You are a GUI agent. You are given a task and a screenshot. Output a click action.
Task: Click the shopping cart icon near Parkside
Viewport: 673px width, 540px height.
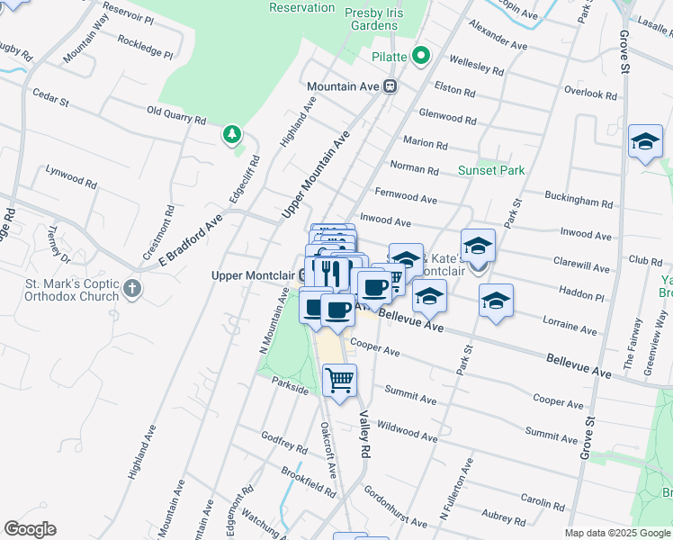(x=340, y=380)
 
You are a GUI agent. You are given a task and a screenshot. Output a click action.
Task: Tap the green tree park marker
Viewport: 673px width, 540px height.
(x=233, y=135)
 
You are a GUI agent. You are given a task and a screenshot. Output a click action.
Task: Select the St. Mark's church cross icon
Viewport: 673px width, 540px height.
(x=132, y=289)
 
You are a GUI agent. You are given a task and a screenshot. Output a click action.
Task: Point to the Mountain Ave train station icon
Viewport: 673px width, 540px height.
(x=390, y=86)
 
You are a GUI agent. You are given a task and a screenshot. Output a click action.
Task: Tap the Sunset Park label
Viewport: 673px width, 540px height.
(x=490, y=170)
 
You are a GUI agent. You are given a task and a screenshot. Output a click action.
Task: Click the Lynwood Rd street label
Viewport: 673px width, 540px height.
(x=71, y=175)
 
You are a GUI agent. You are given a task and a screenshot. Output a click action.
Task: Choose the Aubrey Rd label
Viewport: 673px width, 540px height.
(x=503, y=516)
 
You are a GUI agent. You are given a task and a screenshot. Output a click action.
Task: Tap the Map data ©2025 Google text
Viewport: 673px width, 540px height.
(x=617, y=533)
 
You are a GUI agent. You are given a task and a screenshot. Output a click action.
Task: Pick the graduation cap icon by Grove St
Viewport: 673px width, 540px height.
(x=645, y=142)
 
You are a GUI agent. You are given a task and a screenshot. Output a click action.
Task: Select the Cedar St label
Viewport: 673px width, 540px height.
(x=50, y=96)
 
